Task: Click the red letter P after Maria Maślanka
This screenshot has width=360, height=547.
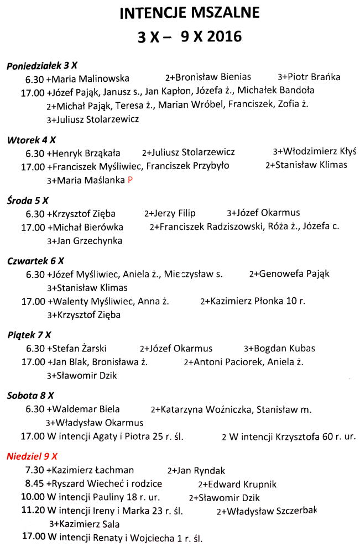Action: click(130, 180)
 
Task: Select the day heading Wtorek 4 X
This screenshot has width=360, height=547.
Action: click(32, 140)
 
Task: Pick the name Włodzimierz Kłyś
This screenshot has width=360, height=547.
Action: click(320, 151)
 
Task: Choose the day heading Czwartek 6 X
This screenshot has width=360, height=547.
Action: click(36, 261)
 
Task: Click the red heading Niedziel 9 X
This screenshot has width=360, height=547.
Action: click(32, 456)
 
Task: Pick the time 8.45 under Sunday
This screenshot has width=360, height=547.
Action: click(35, 483)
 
